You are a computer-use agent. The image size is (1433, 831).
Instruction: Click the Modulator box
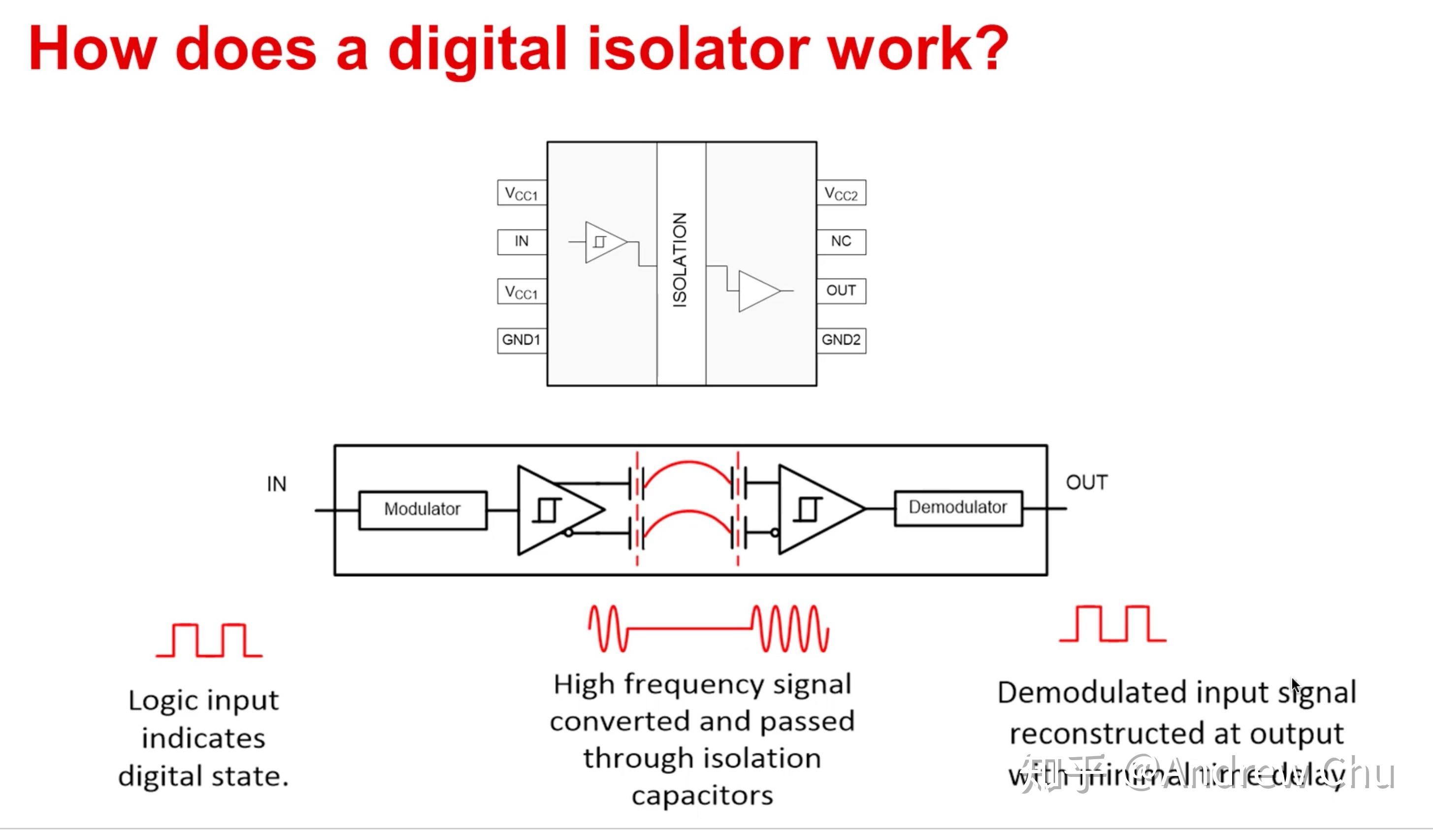pos(423,510)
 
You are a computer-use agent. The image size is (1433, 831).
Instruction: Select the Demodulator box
pos(958,508)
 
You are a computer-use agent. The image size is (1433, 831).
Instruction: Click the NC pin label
pos(841,242)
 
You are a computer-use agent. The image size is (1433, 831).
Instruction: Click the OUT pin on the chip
pos(841,290)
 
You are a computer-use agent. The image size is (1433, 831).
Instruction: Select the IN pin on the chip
pos(521,242)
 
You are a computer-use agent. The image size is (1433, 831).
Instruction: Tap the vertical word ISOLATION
pos(681,260)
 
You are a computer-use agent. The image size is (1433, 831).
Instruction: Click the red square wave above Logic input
pos(209,640)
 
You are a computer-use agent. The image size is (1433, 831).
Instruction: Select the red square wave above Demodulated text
pos(1113,624)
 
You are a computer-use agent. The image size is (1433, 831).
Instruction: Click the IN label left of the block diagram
pos(276,484)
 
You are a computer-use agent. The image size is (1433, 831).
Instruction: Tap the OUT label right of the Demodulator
pos(1087,482)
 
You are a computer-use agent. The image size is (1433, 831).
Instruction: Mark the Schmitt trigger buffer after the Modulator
pos(554,510)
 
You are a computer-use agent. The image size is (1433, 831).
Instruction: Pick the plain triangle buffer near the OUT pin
pos(758,291)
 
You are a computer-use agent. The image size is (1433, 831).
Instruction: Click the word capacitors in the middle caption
pos(702,796)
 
